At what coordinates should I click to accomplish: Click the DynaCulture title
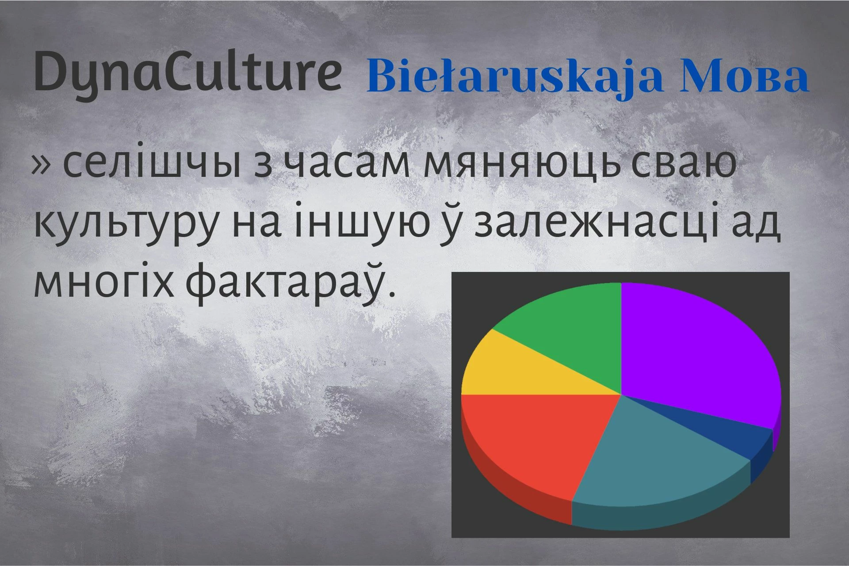188,73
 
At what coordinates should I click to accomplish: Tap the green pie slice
570,327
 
